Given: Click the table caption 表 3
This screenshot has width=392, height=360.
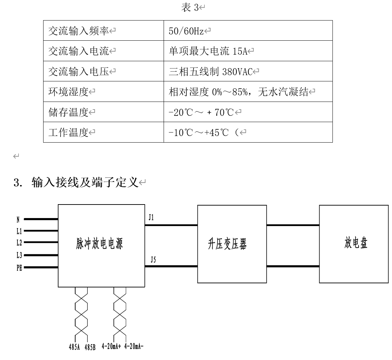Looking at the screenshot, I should [x=189, y=8].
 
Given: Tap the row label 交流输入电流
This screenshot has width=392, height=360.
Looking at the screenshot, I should [x=78, y=51].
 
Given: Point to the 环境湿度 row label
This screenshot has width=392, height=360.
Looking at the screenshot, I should [x=68, y=92].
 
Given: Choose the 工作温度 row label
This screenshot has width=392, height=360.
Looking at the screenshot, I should [x=68, y=133].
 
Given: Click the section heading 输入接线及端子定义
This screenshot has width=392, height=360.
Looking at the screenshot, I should [x=85, y=182].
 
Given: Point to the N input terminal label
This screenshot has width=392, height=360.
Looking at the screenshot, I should [x=18, y=219].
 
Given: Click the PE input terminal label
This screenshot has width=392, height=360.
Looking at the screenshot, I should [x=19, y=267].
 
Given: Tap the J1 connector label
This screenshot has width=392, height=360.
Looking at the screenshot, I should [x=151, y=218].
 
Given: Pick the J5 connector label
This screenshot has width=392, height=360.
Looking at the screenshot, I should [x=153, y=259].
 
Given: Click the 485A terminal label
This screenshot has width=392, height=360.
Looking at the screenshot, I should [x=75, y=347].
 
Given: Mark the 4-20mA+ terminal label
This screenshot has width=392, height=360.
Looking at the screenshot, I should [x=111, y=346].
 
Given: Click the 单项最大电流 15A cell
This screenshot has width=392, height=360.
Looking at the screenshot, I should [x=208, y=51].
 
